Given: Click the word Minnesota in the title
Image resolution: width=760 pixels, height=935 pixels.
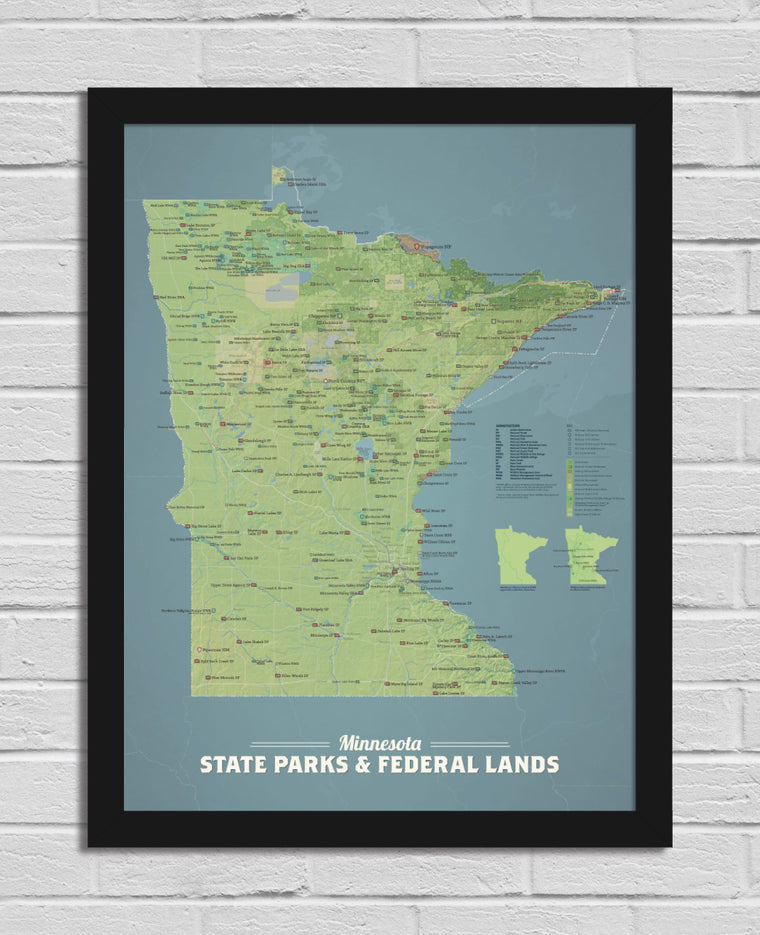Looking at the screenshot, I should [379, 743].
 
